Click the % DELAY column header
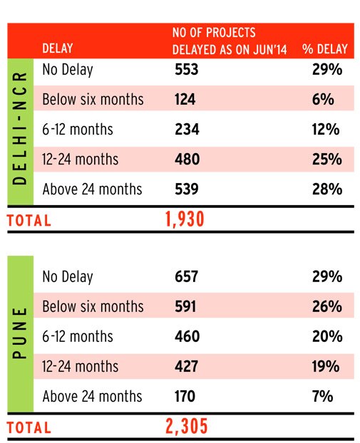point(324,49)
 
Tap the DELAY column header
point(58,48)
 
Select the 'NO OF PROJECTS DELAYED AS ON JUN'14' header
point(230,41)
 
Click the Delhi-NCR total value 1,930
point(185,219)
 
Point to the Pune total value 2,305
point(186,427)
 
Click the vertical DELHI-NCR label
point(20,128)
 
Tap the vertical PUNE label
point(20,333)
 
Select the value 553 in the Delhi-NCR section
point(186,70)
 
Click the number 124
point(185,100)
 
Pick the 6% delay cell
point(323,100)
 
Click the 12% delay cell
point(326,130)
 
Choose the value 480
point(187,160)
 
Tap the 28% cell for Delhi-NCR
point(327,189)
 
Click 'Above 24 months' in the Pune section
point(92,396)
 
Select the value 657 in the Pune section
point(186,276)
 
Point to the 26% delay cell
point(327,306)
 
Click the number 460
point(187,336)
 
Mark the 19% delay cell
point(326,366)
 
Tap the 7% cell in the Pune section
point(323,397)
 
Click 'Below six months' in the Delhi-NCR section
point(93,100)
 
